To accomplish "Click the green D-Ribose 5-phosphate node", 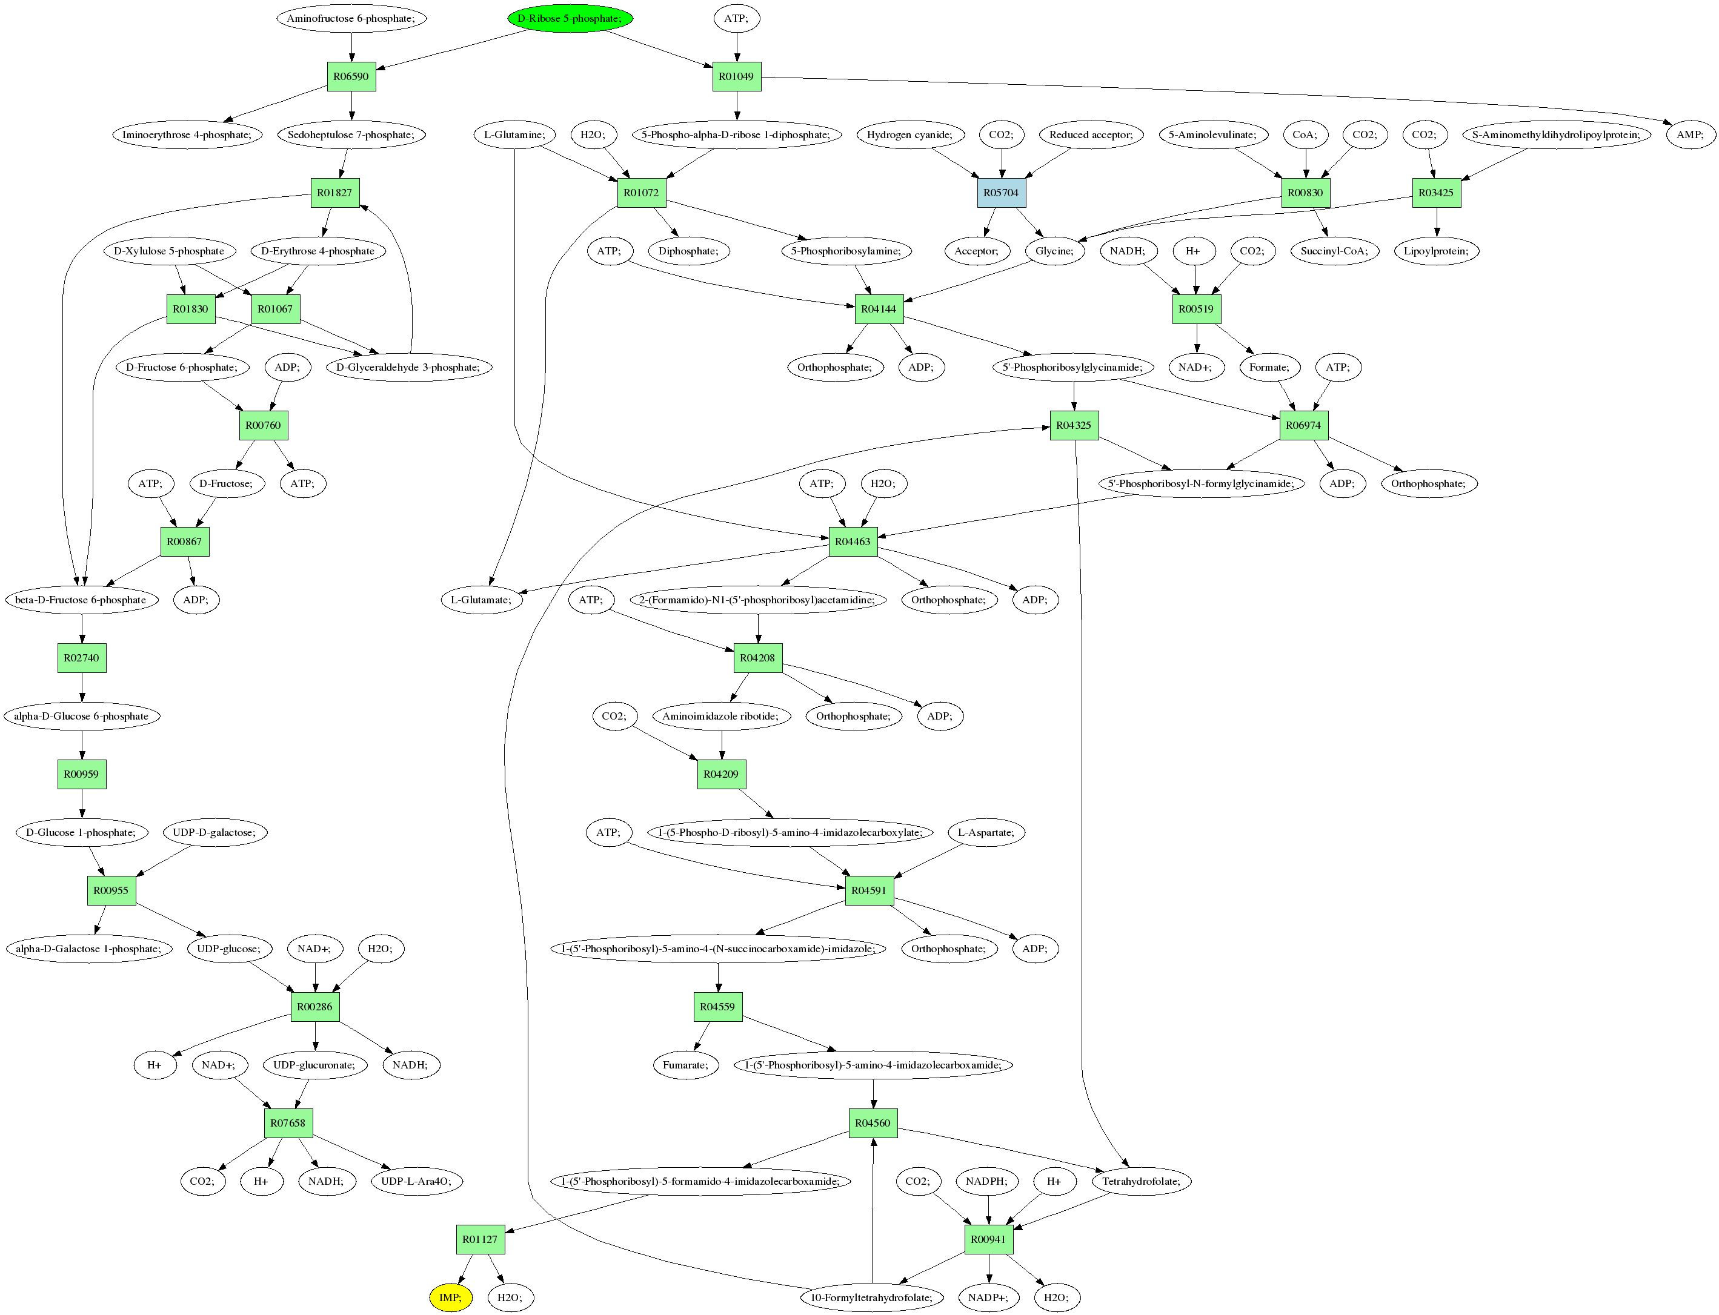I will tap(570, 18).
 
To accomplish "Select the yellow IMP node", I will tap(451, 1297).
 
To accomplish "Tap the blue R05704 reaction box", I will tap(1001, 193).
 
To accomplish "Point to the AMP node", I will tap(1689, 134).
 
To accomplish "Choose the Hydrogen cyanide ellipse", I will tap(909, 134).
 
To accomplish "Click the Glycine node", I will tap(1054, 251).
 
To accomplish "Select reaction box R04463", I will tap(853, 542).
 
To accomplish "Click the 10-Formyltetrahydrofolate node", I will tap(872, 1297).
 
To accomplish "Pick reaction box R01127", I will tap(480, 1239).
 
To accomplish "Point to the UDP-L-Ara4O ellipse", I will tap(416, 1181).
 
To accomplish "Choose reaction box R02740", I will tap(81, 658).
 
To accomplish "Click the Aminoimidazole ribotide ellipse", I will tap(720, 716).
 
